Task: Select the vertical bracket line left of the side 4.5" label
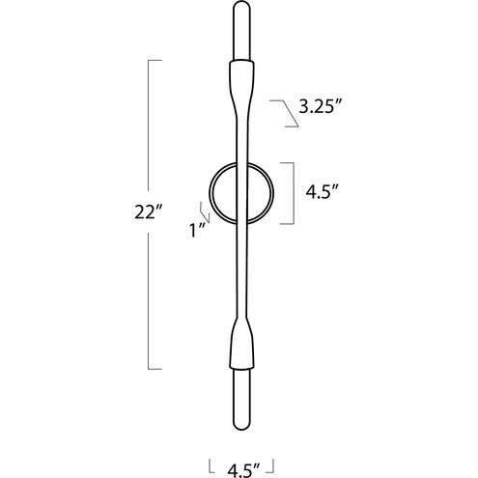pos(293,191)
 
